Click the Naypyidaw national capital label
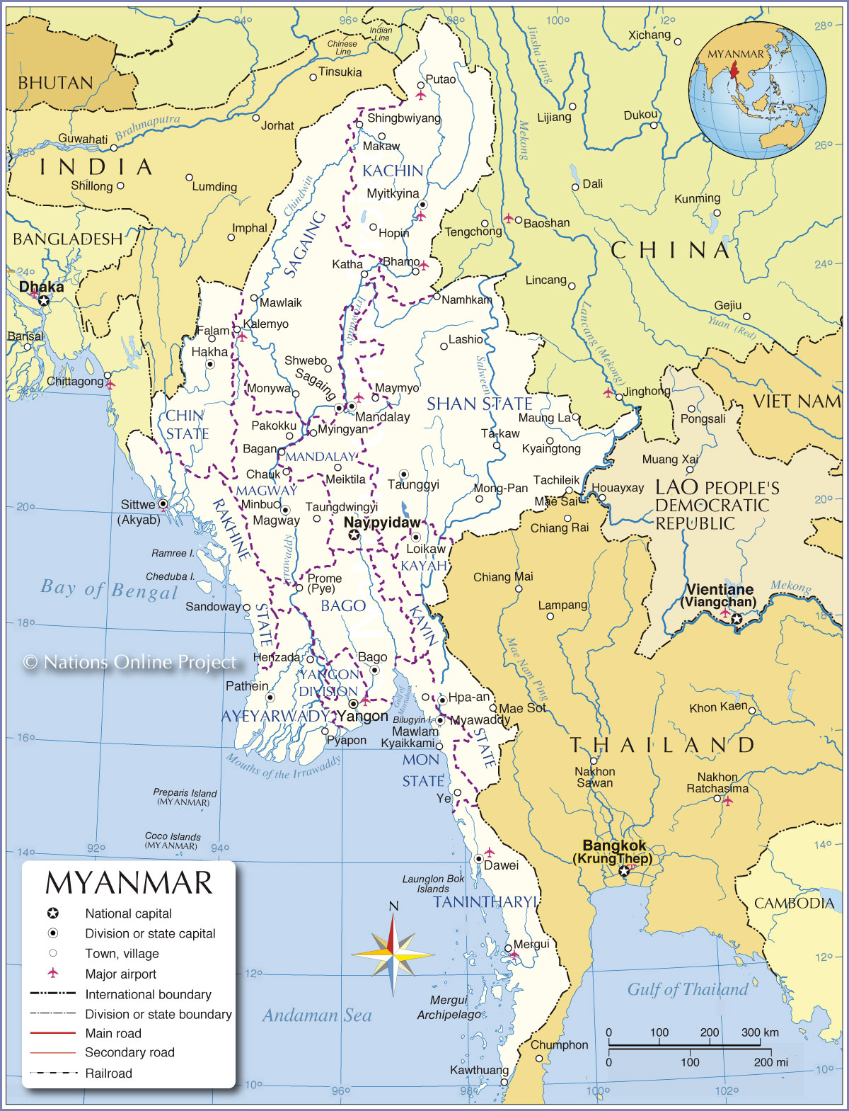[381, 523]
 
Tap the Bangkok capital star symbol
[623, 872]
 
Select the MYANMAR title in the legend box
[129, 883]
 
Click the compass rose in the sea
[393, 955]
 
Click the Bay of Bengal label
[109, 589]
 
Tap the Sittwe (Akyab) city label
[139, 511]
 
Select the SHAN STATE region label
[479, 404]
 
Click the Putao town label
[441, 79]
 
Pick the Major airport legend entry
[120, 974]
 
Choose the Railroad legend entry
[108, 1073]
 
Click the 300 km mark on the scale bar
[760, 1032]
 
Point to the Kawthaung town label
[479, 1070]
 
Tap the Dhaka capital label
[41, 287]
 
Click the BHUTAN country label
[55, 84]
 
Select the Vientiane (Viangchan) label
[719, 596]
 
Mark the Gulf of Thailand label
[687, 989]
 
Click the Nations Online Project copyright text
[130, 662]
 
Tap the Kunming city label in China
[697, 198]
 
